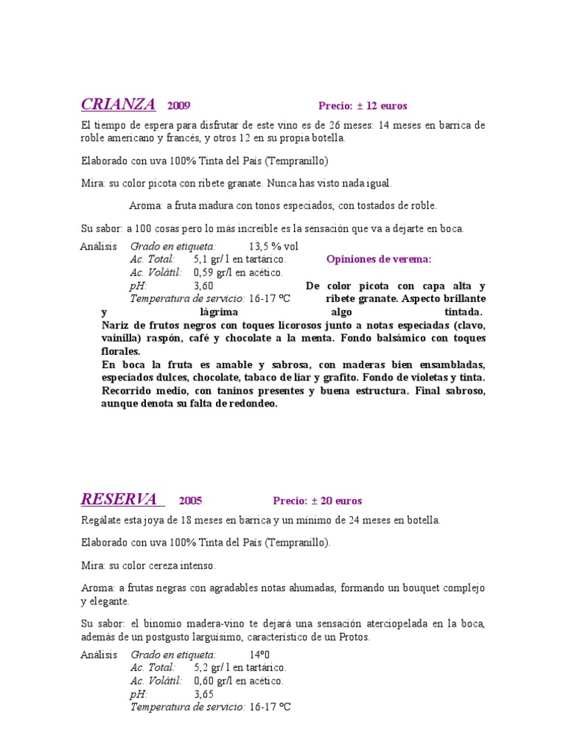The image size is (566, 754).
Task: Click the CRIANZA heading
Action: pyautogui.click(x=118, y=104)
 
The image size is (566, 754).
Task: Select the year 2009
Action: pyautogui.click(x=178, y=106)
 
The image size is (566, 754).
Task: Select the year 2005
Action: pyautogui.click(x=190, y=501)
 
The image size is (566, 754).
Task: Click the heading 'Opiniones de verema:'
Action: pyautogui.click(x=379, y=259)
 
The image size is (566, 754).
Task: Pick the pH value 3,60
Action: pyautogui.click(x=203, y=286)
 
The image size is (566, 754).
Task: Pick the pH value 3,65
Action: pyautogui.click(x=203, y=694)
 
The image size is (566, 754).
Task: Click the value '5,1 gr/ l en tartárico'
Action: pyautogui.click(x=240, y=259)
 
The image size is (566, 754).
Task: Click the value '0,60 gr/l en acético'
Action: pyautogui.click(x=238, y=681)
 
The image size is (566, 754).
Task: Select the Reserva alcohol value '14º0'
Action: pyautogui.click(x=260, y=654)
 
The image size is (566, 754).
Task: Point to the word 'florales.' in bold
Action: pyautogui.click(x=121, y=351)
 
